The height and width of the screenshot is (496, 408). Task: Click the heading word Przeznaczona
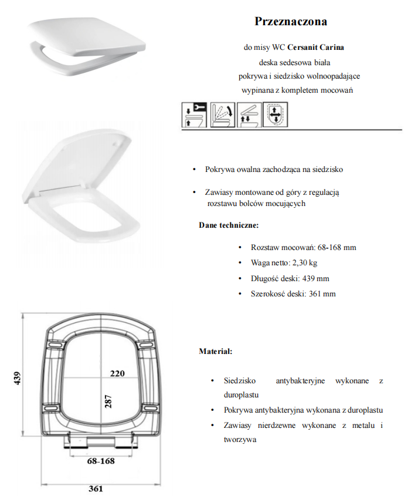pos(291,22)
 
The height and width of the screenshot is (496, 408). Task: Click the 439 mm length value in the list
pos(317,278)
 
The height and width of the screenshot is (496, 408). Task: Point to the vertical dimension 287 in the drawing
pos(108,402)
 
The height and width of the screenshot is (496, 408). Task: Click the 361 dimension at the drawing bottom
pos(96,488)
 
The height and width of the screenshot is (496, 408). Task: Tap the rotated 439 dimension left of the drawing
pos(17,380)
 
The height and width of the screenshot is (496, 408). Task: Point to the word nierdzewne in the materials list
pos(279,425)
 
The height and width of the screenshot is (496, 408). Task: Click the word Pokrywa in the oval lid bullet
pos(219,169)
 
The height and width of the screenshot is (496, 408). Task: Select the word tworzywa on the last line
pos(240,439)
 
